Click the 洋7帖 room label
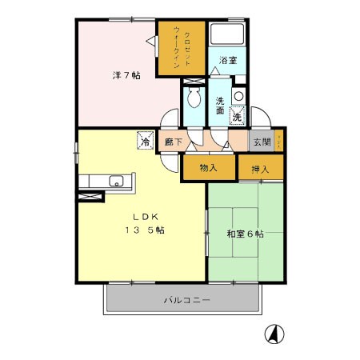[x=126, y=76]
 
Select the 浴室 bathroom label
[x=227, y=60]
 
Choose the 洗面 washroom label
[x=220, y=106]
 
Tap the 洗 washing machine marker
[x=237, y=117]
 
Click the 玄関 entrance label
[x=262, y=142]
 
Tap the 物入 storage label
[x=208, y=168]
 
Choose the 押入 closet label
[x=260, y=168]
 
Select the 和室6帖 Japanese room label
[x=244, y=234]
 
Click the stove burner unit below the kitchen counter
[x=90, y=194]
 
